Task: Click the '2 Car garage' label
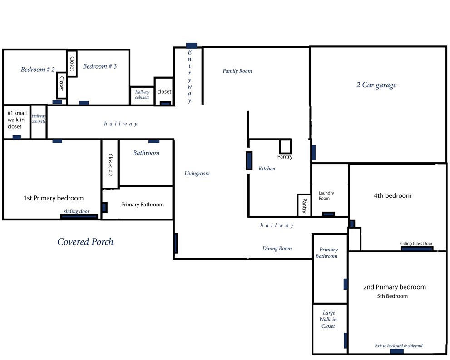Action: [376, 85]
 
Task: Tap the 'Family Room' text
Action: [237, 71]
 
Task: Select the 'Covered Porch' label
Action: [85, 242]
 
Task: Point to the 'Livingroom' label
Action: [197, 173]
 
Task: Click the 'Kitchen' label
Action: [267, 169]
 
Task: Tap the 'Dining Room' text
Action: [277, 249]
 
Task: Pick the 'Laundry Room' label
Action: [326, 195]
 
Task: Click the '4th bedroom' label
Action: [393, 195]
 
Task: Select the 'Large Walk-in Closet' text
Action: [328, 319]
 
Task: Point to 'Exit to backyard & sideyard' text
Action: [399, 345]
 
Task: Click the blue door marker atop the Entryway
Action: [192, 45]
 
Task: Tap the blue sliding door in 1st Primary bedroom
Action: [79, 217]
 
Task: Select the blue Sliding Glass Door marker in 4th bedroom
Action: [417, 249]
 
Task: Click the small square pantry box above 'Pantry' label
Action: [286, 146]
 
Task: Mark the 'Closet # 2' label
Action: [110, 165]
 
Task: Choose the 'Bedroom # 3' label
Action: [100, 66]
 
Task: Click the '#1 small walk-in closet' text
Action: [17, 120]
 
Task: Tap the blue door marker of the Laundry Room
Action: [328, 214]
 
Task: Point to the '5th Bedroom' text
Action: [392, 296]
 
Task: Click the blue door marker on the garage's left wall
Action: [313, 153]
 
